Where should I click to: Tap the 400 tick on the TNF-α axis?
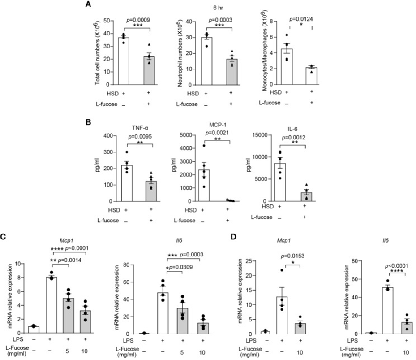pos(107,135)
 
